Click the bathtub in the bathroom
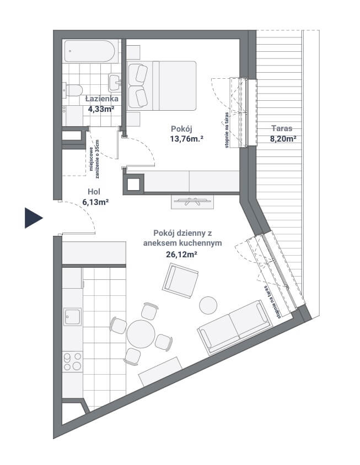coord(89,51)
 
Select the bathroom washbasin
coord(115,83)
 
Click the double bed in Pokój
coord(162,86)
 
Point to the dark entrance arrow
coord(34,218)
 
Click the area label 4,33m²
coord(101,109)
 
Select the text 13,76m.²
coord(187,138)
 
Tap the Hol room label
coord(94,191)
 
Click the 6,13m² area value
coord(95,202)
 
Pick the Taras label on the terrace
coord(282,128)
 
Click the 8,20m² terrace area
coord(283,138)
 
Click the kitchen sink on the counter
coord(72,317)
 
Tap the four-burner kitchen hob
coord(73,361)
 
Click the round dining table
coord(141,334)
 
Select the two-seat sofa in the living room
coord(235,328)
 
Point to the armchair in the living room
coord(180,280)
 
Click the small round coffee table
coord(208,305)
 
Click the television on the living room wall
coord(192,201)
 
